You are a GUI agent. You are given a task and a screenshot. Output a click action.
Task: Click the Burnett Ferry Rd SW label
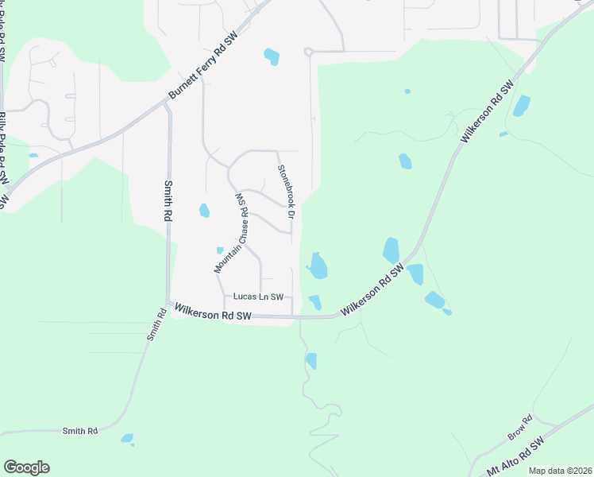[x=203, y=68]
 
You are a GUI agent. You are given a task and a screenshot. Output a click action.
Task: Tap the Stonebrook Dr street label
[x=286, y=192]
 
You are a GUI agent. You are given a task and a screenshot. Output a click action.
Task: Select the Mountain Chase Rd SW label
[x=232, y=233]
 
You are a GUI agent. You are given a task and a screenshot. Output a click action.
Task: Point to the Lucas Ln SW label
[x=258, y=297]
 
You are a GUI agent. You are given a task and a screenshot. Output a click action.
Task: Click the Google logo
[x=26, y=467]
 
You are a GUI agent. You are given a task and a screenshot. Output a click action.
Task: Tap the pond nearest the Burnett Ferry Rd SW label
[x=272, y=57]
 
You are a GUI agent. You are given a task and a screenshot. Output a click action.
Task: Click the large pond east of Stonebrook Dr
[x=318, y=266]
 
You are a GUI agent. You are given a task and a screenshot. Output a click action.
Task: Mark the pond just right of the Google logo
[x=127, y=438]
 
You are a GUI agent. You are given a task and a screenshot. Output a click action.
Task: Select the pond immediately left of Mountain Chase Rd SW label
[x=204, y=211]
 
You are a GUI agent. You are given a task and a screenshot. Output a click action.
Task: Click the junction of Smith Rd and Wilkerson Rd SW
[x=168, y=303]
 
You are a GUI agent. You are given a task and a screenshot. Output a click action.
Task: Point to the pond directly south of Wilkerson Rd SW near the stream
[x=310, y=361]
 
